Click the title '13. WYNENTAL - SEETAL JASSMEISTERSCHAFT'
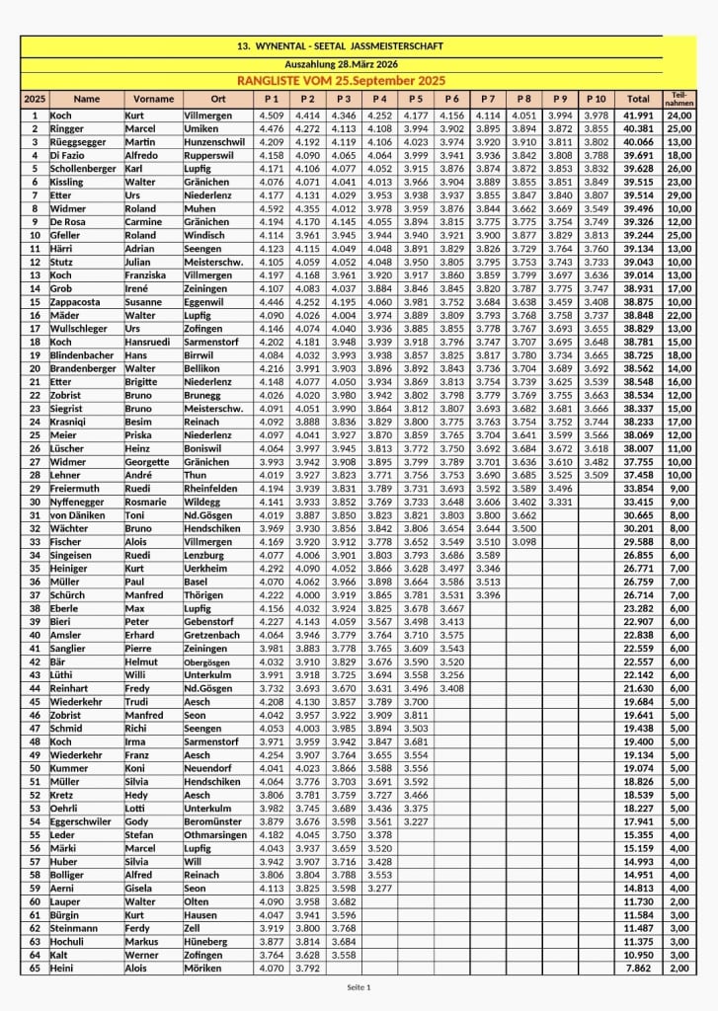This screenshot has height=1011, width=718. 340,46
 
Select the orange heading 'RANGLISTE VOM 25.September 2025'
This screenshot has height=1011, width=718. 341,80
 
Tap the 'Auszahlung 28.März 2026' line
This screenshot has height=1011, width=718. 340,63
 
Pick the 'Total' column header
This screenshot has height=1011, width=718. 639,99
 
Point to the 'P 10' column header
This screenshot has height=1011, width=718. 596,99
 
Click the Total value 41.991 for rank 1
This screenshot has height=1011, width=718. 639,116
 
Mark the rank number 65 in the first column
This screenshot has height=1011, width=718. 35,968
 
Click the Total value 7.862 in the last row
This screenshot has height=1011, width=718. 639,968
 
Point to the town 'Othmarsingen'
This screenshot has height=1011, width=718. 216,834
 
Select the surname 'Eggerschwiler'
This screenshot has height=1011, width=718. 88,821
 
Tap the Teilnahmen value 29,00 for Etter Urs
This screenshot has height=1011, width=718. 678,195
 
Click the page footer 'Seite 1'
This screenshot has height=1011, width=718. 359,987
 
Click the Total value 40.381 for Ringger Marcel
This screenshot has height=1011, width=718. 639,128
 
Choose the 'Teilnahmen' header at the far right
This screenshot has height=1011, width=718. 678,99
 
